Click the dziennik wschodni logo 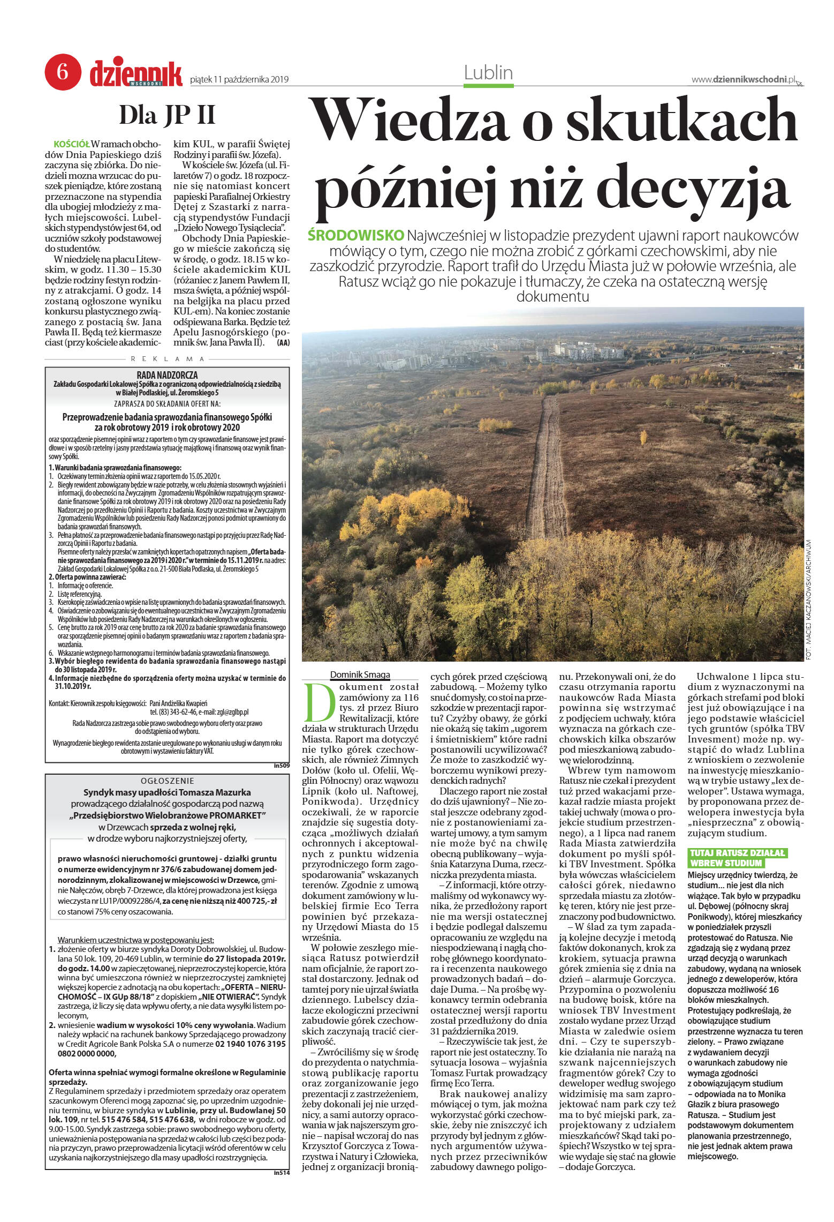tap(136, 74)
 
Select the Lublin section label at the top tap(488, 72)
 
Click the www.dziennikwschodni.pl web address tap(743, 80)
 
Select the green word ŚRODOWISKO tap(356, 236)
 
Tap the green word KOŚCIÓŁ tap(72, 145)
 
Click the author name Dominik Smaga tap(359, 674)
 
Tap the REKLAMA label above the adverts tap(168, 359)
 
